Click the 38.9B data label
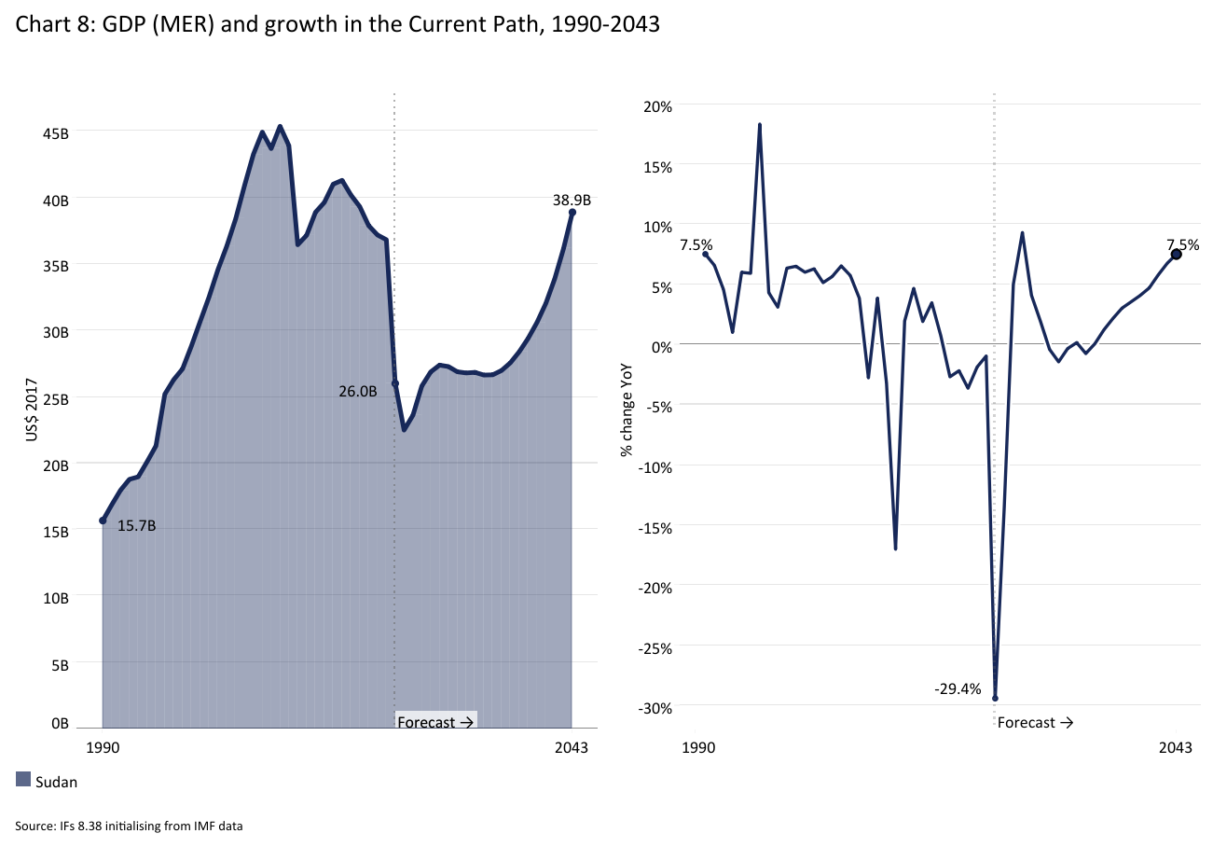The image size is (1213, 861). coord(572,200)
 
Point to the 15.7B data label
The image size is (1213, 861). coord(136,526)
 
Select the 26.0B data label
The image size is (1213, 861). coord(357,392)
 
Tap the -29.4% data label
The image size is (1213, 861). coord(958,689)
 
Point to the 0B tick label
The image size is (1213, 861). coord(60,723)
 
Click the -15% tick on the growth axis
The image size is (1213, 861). coord(655,528)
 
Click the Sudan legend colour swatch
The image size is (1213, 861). coord(24,780)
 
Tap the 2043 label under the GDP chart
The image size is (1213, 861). coord(571,748)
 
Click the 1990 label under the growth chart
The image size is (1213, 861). coord(698,748)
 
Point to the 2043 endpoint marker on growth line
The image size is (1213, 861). coord(1177,254)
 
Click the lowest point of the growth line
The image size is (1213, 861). coord(996,698)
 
